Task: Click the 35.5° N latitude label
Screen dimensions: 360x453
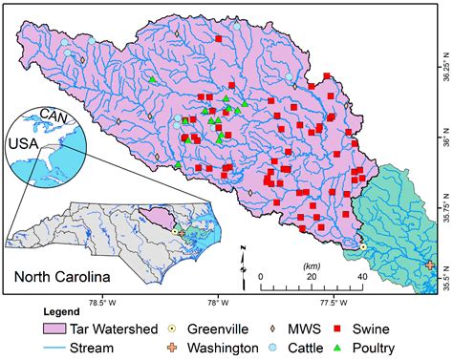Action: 443,271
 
